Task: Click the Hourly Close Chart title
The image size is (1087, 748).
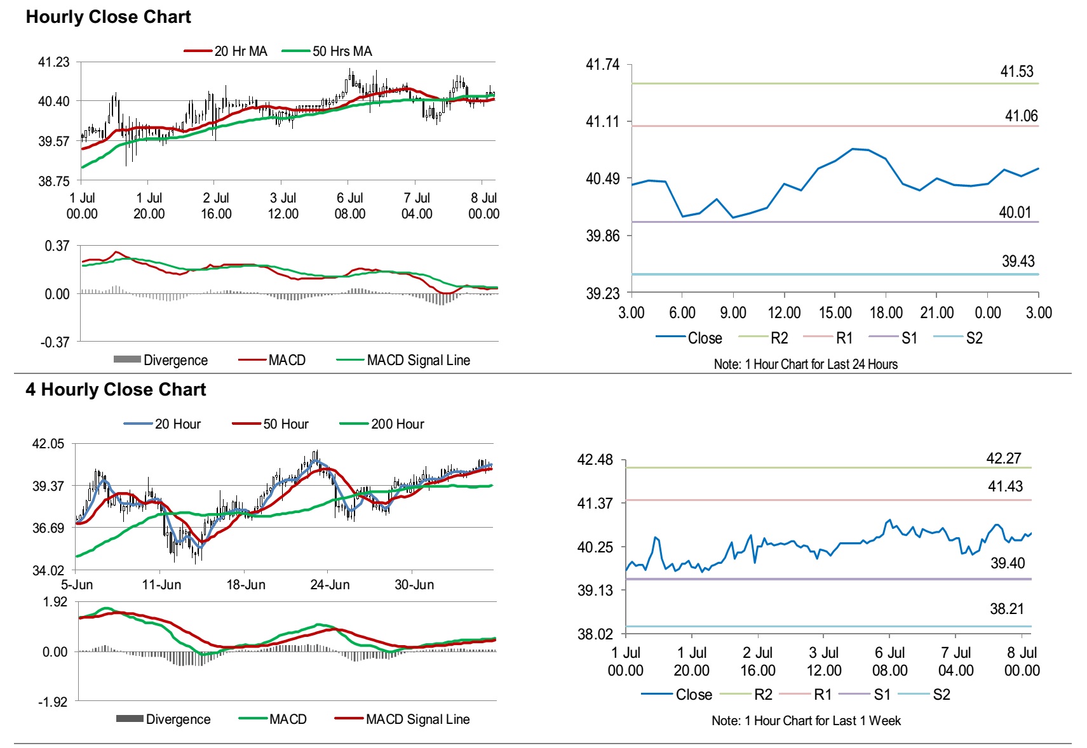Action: (108, 17)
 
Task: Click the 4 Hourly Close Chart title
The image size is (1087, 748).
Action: (116, 389)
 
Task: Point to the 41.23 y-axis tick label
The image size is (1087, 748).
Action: (54, 62)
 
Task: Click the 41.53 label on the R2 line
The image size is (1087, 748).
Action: (1016, 71)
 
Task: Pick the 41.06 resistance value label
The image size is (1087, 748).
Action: (1021, 116)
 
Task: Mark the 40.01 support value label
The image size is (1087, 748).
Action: (1015, 212)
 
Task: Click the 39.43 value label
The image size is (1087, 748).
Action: (1018, 261)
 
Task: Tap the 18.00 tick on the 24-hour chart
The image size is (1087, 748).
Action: (886, 312)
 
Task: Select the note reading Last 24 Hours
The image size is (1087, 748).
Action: (806, 364)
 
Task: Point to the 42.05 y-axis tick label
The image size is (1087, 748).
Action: (48, 444)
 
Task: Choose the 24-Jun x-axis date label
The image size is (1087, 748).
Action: (330, 585)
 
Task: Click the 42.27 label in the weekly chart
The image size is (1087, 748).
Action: (1004, 458)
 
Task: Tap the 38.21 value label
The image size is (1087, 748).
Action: (1007, 609)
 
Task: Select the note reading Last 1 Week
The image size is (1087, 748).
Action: (806, 720)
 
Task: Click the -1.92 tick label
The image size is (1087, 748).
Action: (54, 702)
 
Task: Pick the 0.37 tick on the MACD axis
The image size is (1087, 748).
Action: (57, 246)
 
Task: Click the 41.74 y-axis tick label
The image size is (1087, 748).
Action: (602, 64)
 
